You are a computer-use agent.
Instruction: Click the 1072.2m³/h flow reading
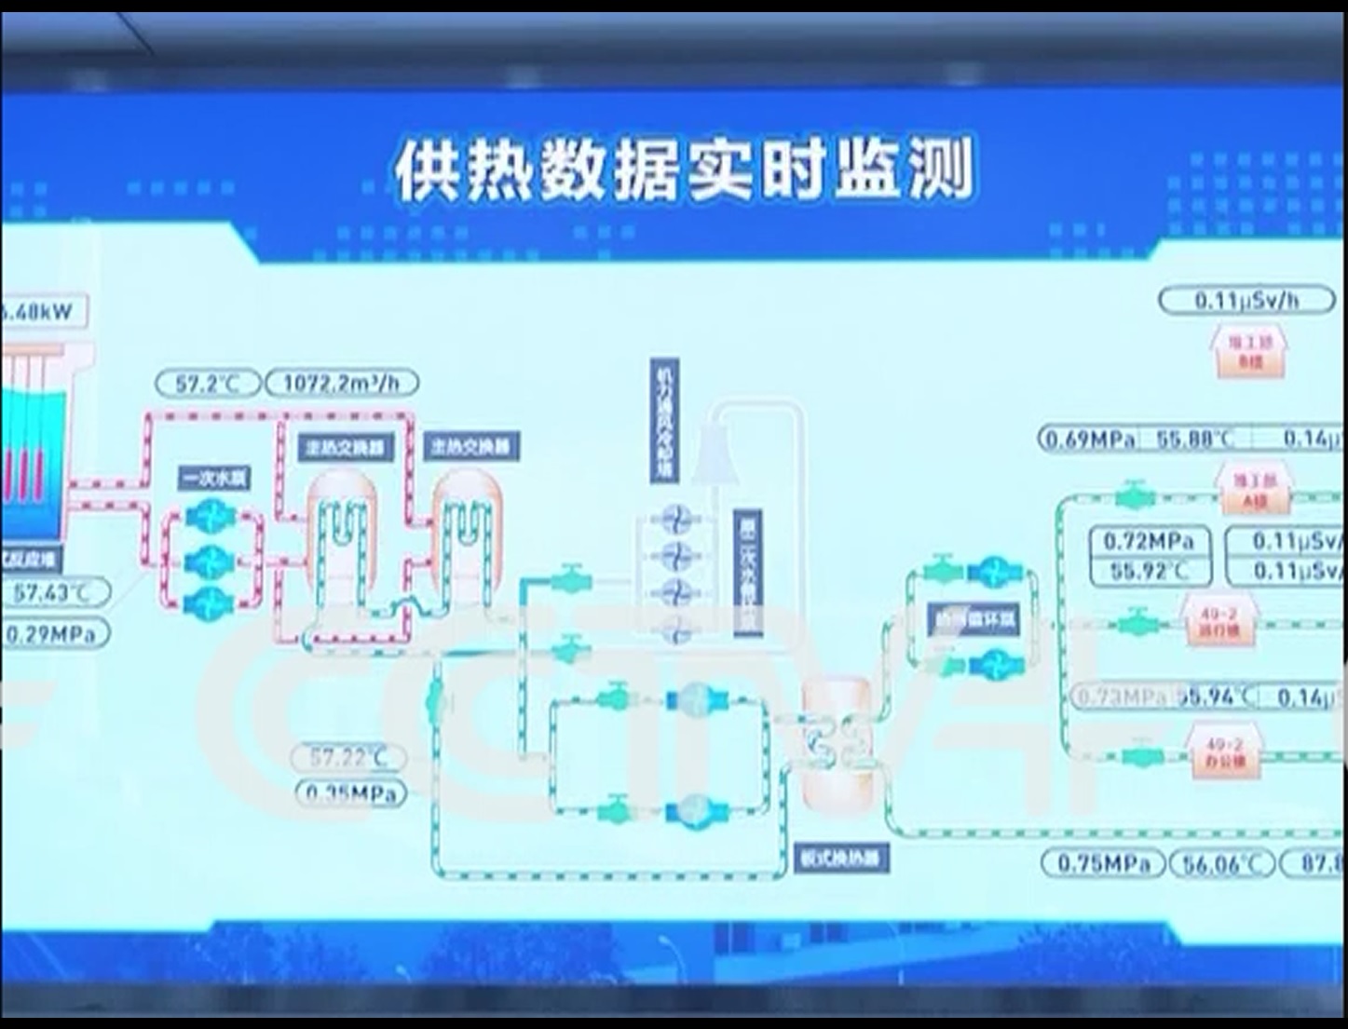pos(342,383)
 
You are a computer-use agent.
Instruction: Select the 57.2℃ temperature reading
pos(207,383)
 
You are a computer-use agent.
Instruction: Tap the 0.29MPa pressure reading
pos(54,635)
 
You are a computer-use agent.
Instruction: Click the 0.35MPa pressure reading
pos(351,793)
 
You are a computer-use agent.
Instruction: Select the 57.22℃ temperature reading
pos(348,757)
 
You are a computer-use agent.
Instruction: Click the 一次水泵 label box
pos(214,479)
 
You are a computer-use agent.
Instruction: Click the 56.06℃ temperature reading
pos(1220,864)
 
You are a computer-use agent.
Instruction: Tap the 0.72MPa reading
pos(1150,541)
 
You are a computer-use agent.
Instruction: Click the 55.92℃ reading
pos(1150,570)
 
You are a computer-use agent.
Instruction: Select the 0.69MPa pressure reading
pos(1089,439)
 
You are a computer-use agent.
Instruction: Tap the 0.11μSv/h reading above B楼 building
pos(1246,300)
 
